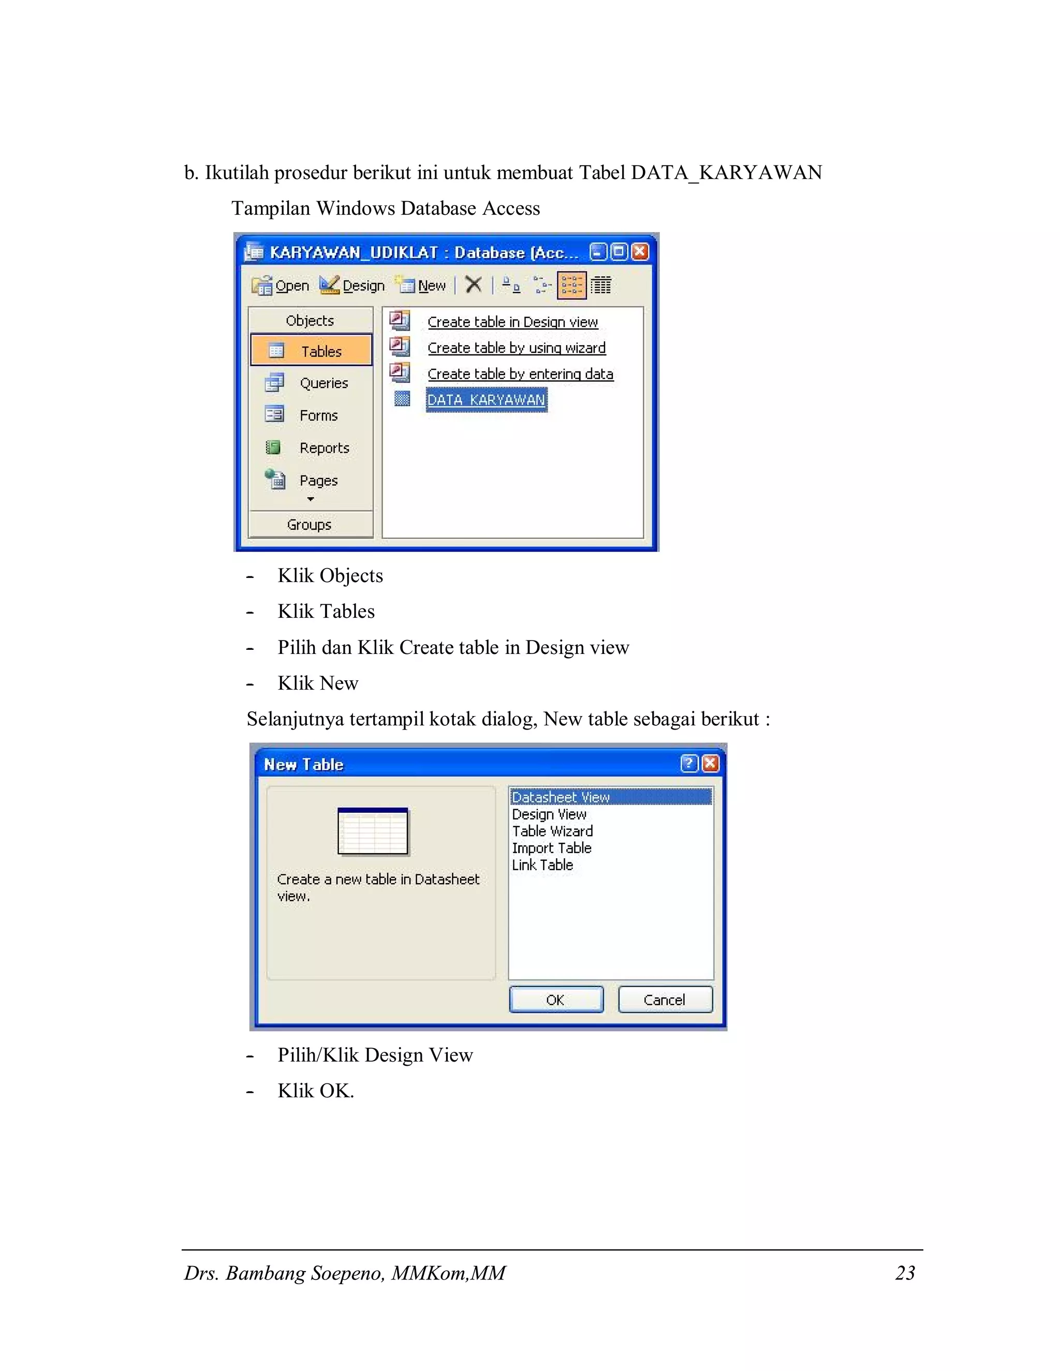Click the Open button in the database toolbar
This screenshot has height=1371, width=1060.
[x=281, y=286]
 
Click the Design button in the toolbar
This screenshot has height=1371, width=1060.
[x=352, y=286]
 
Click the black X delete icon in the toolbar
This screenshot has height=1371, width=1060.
[x=474, y=285]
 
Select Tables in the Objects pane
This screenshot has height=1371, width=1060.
[x=312, y=351]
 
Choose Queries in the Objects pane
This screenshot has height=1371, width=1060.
[x=312, y=383]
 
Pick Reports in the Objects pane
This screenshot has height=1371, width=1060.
[x=312, y=448]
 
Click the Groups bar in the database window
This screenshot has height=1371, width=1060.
[x=310, y=524]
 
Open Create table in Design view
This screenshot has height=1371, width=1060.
[x=512, y=322]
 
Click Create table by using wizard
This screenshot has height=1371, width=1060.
[x=516, y=348]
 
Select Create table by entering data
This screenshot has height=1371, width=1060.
[x=520, y=374]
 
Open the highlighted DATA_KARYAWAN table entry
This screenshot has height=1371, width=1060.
[x=486, y=400]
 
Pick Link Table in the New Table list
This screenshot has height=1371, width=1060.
[x=542, y=865]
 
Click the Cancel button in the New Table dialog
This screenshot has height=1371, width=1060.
[x=665, y=1000]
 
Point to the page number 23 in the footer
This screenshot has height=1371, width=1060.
[x=905, y=1273]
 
